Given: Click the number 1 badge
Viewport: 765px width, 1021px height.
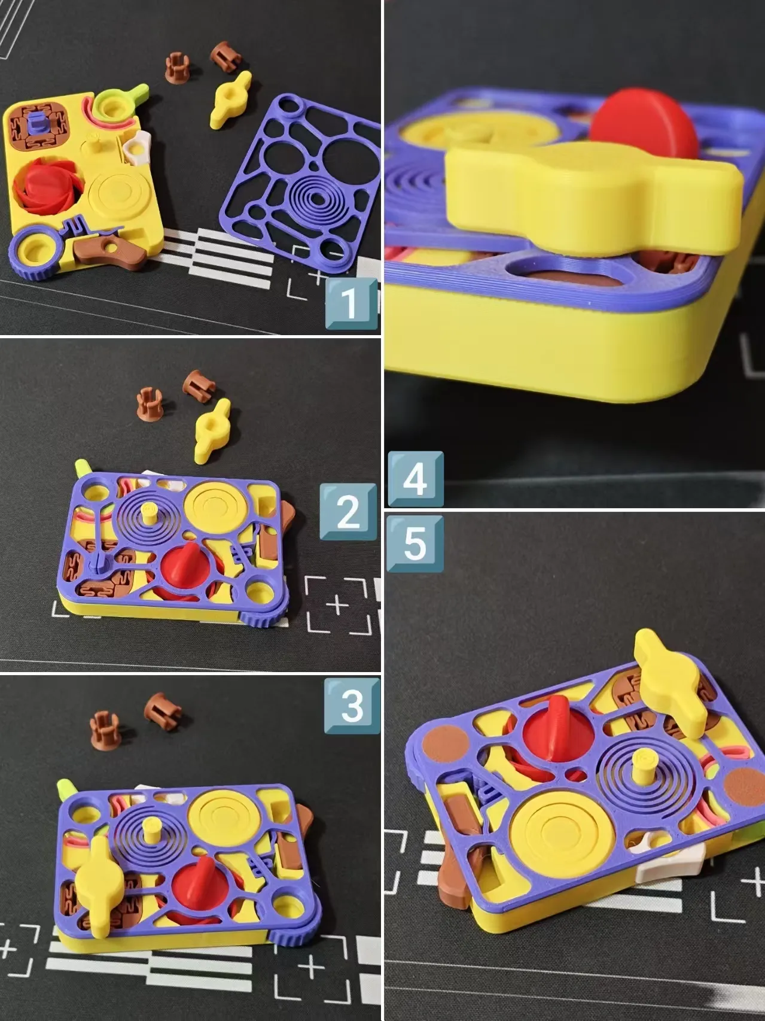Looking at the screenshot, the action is [351, 303].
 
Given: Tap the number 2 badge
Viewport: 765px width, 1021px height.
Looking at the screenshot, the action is [349, 511].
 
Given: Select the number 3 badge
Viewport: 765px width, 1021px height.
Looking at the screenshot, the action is [352, 706].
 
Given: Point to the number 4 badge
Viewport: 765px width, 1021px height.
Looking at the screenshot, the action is [416, 479].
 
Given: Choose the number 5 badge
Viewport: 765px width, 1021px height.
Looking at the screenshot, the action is [416, 543].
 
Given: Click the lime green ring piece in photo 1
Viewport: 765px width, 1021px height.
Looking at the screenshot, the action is [120, 103].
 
